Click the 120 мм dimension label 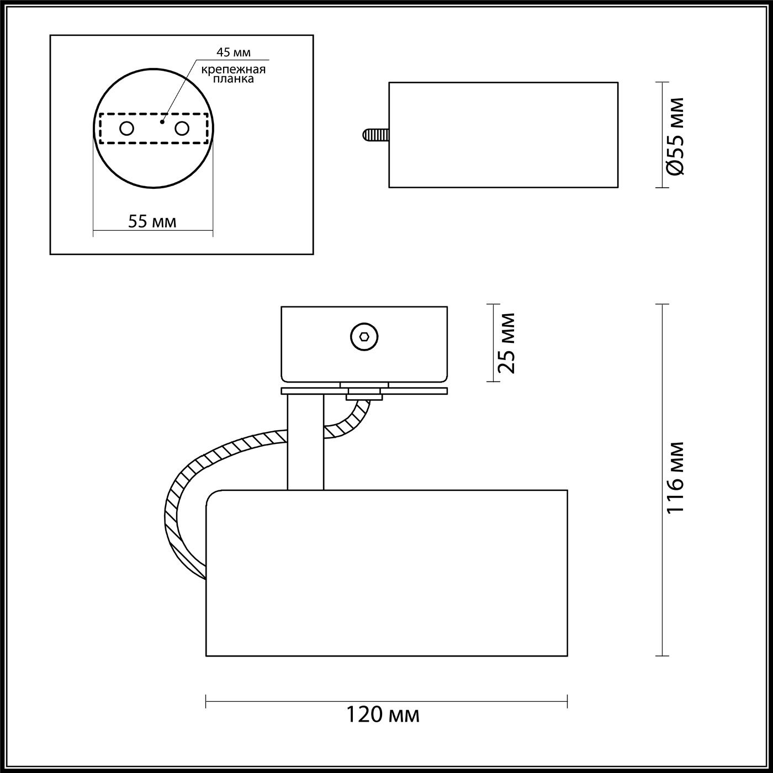[383, 714]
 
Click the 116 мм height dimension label [675, 478]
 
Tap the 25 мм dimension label [506, 343]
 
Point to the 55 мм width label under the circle [152, 221]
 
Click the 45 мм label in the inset [233, 52]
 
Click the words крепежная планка [233, 74]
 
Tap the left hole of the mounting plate [126, 129]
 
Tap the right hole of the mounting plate [182, 129]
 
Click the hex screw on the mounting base [364, 336]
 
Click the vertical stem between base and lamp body [305, 442]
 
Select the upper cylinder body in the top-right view [503, 135]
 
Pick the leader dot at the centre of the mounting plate [162, 121]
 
